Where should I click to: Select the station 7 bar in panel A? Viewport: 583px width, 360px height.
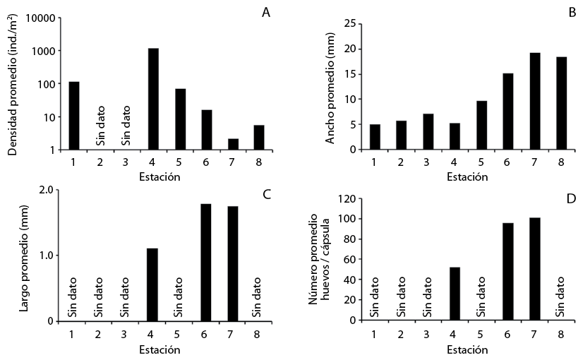[x=233, y=144]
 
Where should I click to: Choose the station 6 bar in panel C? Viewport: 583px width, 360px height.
[x=206, y=262]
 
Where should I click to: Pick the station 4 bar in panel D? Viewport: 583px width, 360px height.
[x=455, y=294]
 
